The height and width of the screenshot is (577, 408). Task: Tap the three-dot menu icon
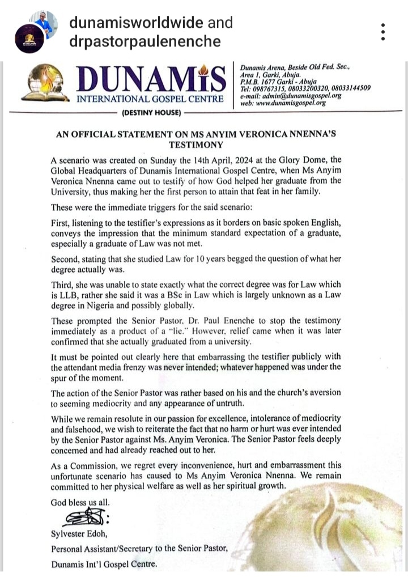click(384, 32)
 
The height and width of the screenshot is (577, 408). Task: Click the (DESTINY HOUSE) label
click(151, 113)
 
